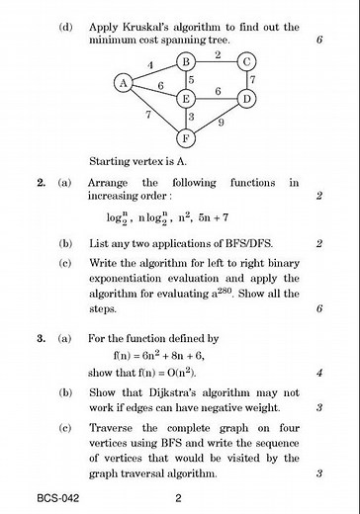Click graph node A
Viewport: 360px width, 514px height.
[x=124, y=83]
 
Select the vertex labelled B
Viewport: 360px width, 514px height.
[x=184, y=62]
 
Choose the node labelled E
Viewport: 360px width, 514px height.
[x=184, y=98]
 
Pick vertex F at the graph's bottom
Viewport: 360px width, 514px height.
[x=184, y=136]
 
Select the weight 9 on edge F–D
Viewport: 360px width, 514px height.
[x=222, y=124]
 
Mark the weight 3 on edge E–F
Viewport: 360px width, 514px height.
[x=190, y=118]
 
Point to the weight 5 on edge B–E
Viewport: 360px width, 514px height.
[x=190, y=80]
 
